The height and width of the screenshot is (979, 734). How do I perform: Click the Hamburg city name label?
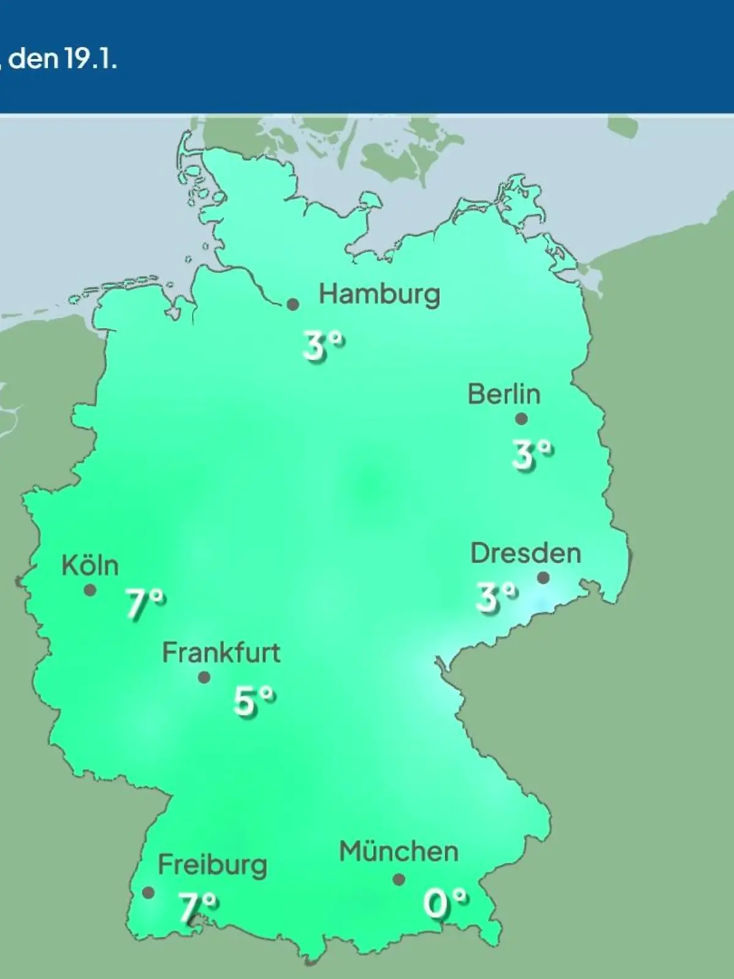click(x=379, y=295)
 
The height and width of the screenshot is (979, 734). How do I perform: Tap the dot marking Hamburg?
click(x=293, y=304)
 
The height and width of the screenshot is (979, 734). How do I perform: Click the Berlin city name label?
click(x=504, y=394)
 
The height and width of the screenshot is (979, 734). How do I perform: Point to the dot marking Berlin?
click(x=521, y=419)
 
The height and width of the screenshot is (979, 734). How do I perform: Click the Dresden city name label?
click(x=525, y=553)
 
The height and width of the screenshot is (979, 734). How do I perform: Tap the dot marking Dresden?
click(x=543, y=578)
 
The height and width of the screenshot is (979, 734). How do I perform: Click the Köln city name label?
click(x=90, y=565)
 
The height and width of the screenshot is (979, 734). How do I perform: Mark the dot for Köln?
click(x=90, y=590)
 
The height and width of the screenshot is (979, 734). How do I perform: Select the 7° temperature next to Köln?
click(x=146, y=604)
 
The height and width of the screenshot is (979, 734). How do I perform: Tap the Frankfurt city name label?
click(x=221, y=653)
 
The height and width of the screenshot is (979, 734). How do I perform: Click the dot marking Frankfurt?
click(x=204, y=677)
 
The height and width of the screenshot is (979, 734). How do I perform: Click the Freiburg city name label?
click(x=212, y=865)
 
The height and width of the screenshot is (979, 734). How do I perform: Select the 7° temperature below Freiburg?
click(x=198, y=907)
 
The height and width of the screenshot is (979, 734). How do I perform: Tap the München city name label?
click(x=399, y=852)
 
